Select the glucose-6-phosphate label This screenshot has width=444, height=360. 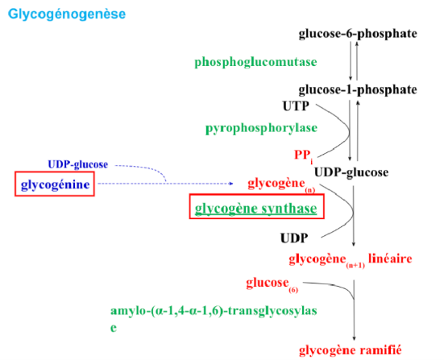coord(358,34)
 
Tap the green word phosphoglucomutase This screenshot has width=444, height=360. coord(255,62)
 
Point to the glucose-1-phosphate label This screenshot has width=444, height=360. coord(358,89)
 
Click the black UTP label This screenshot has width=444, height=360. coord(295,106)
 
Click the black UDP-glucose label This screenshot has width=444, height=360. coord(351,172)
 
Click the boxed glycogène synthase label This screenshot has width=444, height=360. coord(255,209)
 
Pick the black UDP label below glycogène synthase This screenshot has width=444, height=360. coord(294,238)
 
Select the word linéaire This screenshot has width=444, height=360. coord(391,259)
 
